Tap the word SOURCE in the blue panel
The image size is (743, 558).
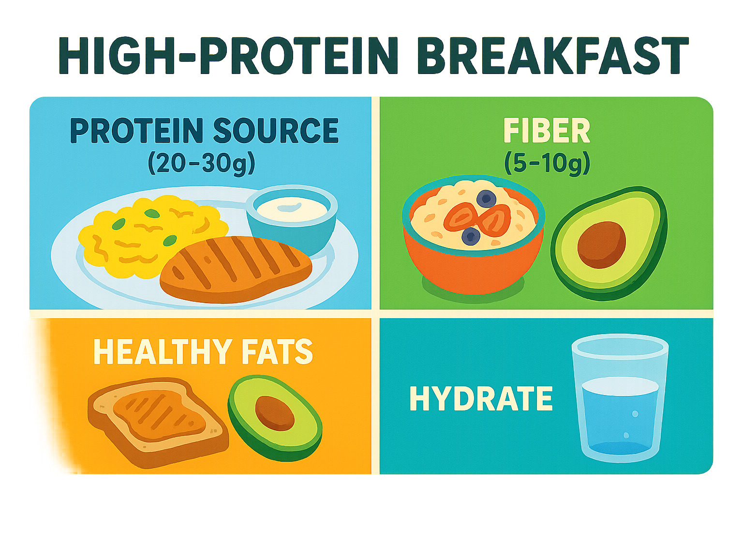coord(276,131)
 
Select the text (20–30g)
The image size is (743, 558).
coord(201,163)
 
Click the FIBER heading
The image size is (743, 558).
coord(546,131)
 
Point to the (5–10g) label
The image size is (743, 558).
coord(547,163)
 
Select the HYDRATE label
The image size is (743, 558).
coord(481,398)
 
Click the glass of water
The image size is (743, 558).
coord(620,398)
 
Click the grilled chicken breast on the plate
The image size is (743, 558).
coord(236,270)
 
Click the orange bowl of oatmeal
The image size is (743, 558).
coord(474,235)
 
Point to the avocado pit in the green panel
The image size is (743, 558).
coord(601,245)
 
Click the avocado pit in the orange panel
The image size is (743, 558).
coord(275,413)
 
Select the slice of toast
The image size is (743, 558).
coord(158,422)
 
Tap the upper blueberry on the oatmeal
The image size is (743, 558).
coord(487,199)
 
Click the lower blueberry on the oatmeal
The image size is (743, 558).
coord(471,236)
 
